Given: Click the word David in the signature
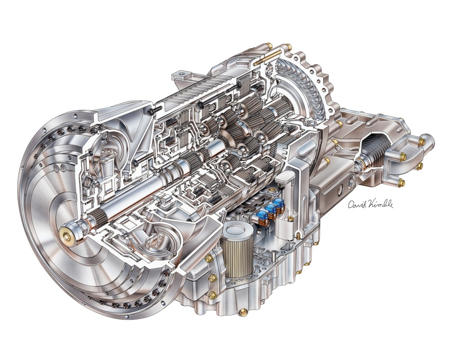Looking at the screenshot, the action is point(356,204).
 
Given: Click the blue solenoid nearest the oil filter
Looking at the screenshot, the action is point(262,216).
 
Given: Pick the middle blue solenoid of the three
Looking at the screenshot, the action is point(271,209).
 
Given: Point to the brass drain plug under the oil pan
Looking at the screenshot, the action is point(243,313).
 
